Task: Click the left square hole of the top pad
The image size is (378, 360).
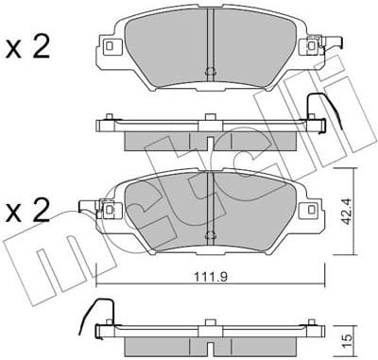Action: pyautogui.click(x=112, y=46)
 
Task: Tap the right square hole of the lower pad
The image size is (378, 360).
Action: pyautogui.click(x=303, y=210)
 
